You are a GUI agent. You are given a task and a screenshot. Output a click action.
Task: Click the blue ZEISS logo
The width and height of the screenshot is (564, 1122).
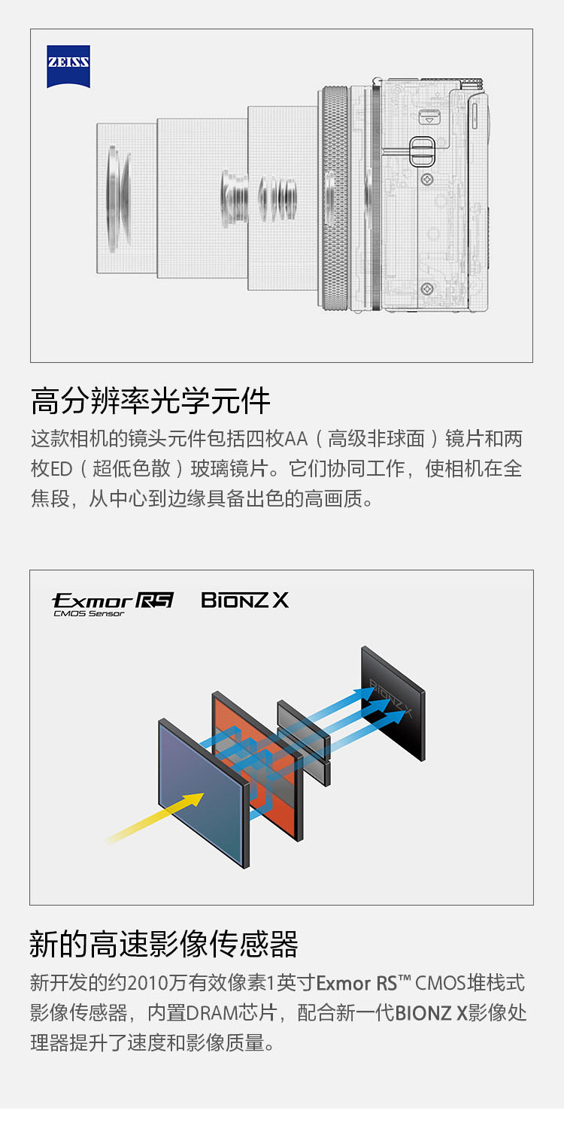tap(68, 66)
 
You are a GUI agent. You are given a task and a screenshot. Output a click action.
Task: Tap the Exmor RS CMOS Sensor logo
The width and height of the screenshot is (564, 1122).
tap(113, 604)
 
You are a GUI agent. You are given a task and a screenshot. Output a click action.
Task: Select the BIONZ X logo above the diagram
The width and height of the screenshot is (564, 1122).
tap(244, 600)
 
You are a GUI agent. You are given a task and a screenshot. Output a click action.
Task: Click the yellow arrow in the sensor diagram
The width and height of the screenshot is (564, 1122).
tap(155, 818)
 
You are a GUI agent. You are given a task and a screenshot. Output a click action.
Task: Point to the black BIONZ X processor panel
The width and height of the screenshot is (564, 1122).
tap(393, 703)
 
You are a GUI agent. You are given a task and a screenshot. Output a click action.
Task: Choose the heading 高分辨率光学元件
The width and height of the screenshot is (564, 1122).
tap(150, 401)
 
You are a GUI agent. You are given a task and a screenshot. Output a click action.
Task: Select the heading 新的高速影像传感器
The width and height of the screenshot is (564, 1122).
tap(163, 944)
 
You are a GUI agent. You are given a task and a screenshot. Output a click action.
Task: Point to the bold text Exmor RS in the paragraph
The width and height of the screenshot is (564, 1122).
tap(356, 983)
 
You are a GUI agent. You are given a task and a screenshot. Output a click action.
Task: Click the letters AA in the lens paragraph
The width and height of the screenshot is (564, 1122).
tap(296, 439)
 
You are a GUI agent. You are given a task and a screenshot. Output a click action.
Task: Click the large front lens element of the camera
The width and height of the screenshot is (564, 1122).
tap(118, 198)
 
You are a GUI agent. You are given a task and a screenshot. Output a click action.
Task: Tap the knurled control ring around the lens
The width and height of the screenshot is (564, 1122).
tap(335, 198)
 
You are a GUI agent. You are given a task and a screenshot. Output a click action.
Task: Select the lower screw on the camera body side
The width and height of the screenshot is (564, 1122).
tap(427, 289)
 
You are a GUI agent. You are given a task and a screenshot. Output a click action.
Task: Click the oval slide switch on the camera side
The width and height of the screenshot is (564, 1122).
tap(422, 152)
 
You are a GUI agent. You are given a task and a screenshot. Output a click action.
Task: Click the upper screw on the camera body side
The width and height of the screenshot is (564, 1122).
tap(427, 178)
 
